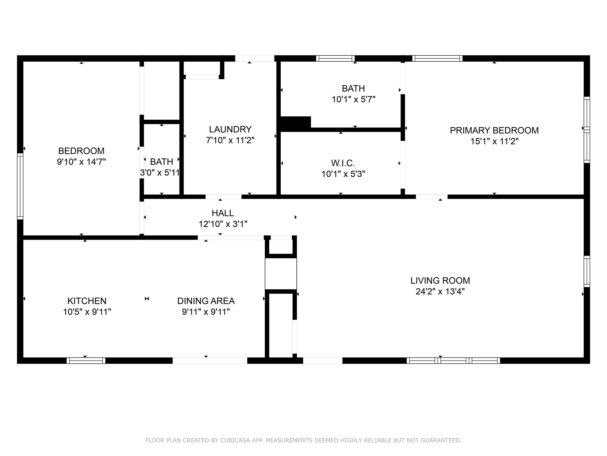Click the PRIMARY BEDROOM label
pos(494,130)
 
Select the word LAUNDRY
pos(230,129)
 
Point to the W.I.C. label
pos(343,163)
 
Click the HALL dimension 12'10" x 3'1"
pos(223,224)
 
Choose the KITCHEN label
pos(87,301)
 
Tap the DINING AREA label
pos(206,301)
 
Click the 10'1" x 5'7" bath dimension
pos(353,99)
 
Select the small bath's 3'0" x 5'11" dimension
pos(160,173)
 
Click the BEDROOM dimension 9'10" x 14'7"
pos(81,162)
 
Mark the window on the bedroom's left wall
pos(20,186)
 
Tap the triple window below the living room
pos(453,360)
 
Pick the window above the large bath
pos(335,58)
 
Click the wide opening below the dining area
pos(210,360)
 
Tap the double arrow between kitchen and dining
pos(147,298)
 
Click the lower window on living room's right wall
pos(586,271)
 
